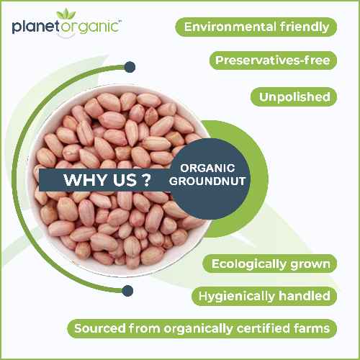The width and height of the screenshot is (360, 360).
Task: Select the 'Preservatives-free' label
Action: pyautogui.click(x=272, y=60)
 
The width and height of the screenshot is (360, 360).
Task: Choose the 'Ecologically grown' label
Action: pyautogui.click(x=271, y=264)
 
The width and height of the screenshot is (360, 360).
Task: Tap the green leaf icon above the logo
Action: pyautogui.click(x=66, y=12)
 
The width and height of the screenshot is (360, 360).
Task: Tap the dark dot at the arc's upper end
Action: pyautogui.click(x=130, y=67)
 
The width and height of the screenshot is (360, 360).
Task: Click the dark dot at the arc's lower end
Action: pyautogui.click(x=127, y=290)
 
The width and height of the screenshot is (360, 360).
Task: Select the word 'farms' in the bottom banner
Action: pyautogui.click(x=311, y=329)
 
